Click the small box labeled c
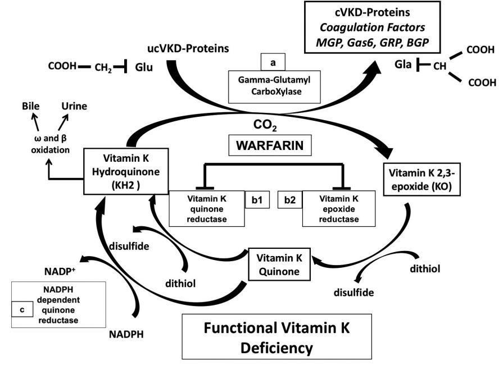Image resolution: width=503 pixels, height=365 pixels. point(21,308)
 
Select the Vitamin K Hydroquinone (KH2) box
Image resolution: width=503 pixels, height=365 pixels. point(119,171)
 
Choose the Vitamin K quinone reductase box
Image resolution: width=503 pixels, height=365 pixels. point(206,208)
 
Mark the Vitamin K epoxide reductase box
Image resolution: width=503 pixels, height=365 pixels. point(339,208)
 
